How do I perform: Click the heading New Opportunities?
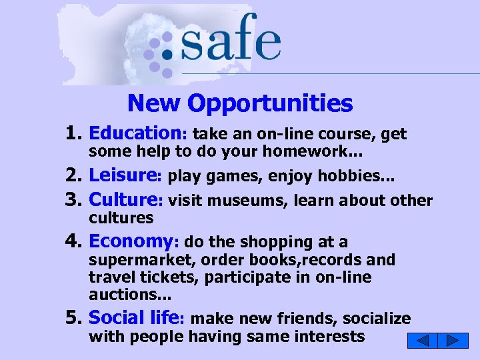(x=240, y=103)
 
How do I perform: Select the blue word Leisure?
(x=122, y=175)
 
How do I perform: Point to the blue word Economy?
(x=131, y=241)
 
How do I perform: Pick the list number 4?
(x=73, y=241)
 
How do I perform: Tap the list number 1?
(x=73, y=134)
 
